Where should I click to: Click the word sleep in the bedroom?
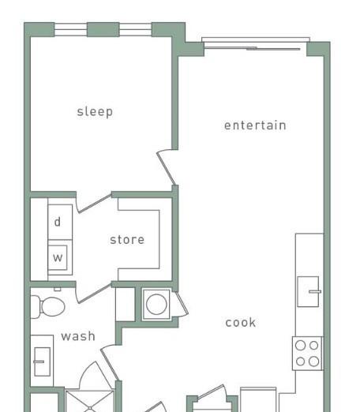(x=95, y=112)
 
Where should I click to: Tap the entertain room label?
(x=255, y=125)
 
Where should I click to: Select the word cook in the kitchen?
(x=241, y=323)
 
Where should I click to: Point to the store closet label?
(x=127, y=240)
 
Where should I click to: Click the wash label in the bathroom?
(x=78, y=336)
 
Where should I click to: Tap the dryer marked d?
(x=60, y=222)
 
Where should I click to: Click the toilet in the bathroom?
(x=48, y=307)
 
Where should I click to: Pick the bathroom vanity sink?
(x=42, y=361)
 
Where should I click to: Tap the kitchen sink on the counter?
(x=309, y=291)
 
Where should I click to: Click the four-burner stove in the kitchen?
(x=307, y=354)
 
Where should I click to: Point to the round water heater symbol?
(x=156, y=305)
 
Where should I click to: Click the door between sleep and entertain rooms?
(x=167, y=168)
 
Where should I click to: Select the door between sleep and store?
(x=94, y=203)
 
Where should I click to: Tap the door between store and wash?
(x=94, y=293)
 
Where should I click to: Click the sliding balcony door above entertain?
(x=256, y=43)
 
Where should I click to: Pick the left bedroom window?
(x=70, y=29)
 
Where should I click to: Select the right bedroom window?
(x=136, y=29)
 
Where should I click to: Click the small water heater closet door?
(x=182, y=303)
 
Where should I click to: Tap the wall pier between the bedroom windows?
(x=103, y=29)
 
